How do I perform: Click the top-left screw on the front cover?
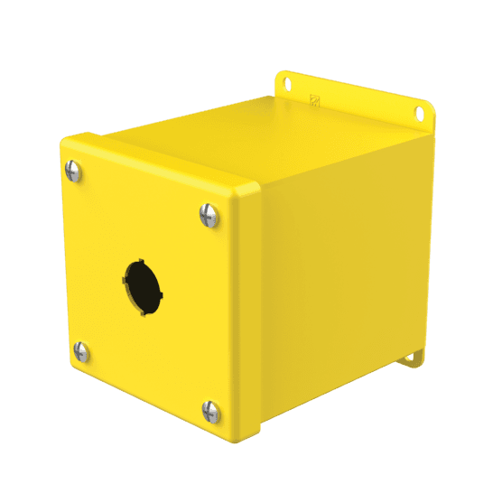point(73,169)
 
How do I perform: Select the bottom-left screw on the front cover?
point(80,351)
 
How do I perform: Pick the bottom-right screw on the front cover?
point(211,412)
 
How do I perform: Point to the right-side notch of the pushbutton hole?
point(160,293)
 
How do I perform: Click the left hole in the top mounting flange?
point(289,83)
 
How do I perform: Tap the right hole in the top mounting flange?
point(418,114)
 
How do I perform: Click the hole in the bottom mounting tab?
point(411,357)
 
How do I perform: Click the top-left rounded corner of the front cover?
point(66,142)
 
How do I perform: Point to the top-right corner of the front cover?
point(252,185)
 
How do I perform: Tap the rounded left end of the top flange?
point(278,77)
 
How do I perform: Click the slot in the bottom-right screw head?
point(211,412)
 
